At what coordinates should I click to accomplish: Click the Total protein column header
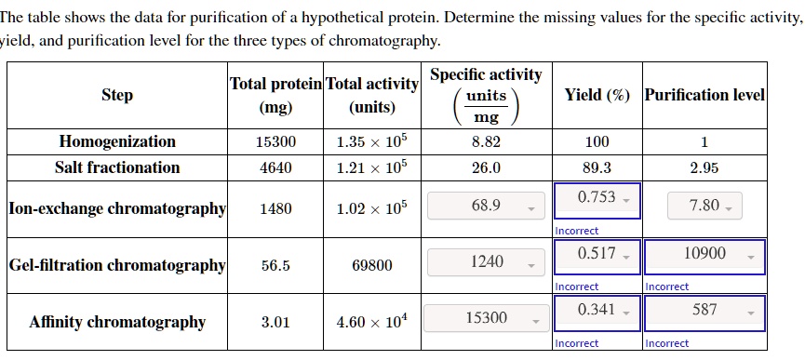coord(275,94)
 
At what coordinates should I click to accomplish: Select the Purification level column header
coord(704,95)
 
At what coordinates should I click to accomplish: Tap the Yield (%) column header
coord(597,95)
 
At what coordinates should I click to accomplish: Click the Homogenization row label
coord(117,141)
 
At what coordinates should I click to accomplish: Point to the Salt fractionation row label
coord(117,167)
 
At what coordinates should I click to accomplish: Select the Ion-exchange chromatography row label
coord(117,208)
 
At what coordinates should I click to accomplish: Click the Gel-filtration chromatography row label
coord(117,265)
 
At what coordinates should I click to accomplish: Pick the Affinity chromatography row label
coord(117,322)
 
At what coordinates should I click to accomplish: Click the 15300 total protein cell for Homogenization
coord(275,142)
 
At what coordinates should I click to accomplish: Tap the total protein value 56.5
coord(275,265)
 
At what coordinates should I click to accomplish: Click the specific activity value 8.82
coord(486,142)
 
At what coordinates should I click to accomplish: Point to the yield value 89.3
coord(597,168)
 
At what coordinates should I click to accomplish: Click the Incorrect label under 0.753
coord(577,230)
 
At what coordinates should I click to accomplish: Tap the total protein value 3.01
coord(275,322)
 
